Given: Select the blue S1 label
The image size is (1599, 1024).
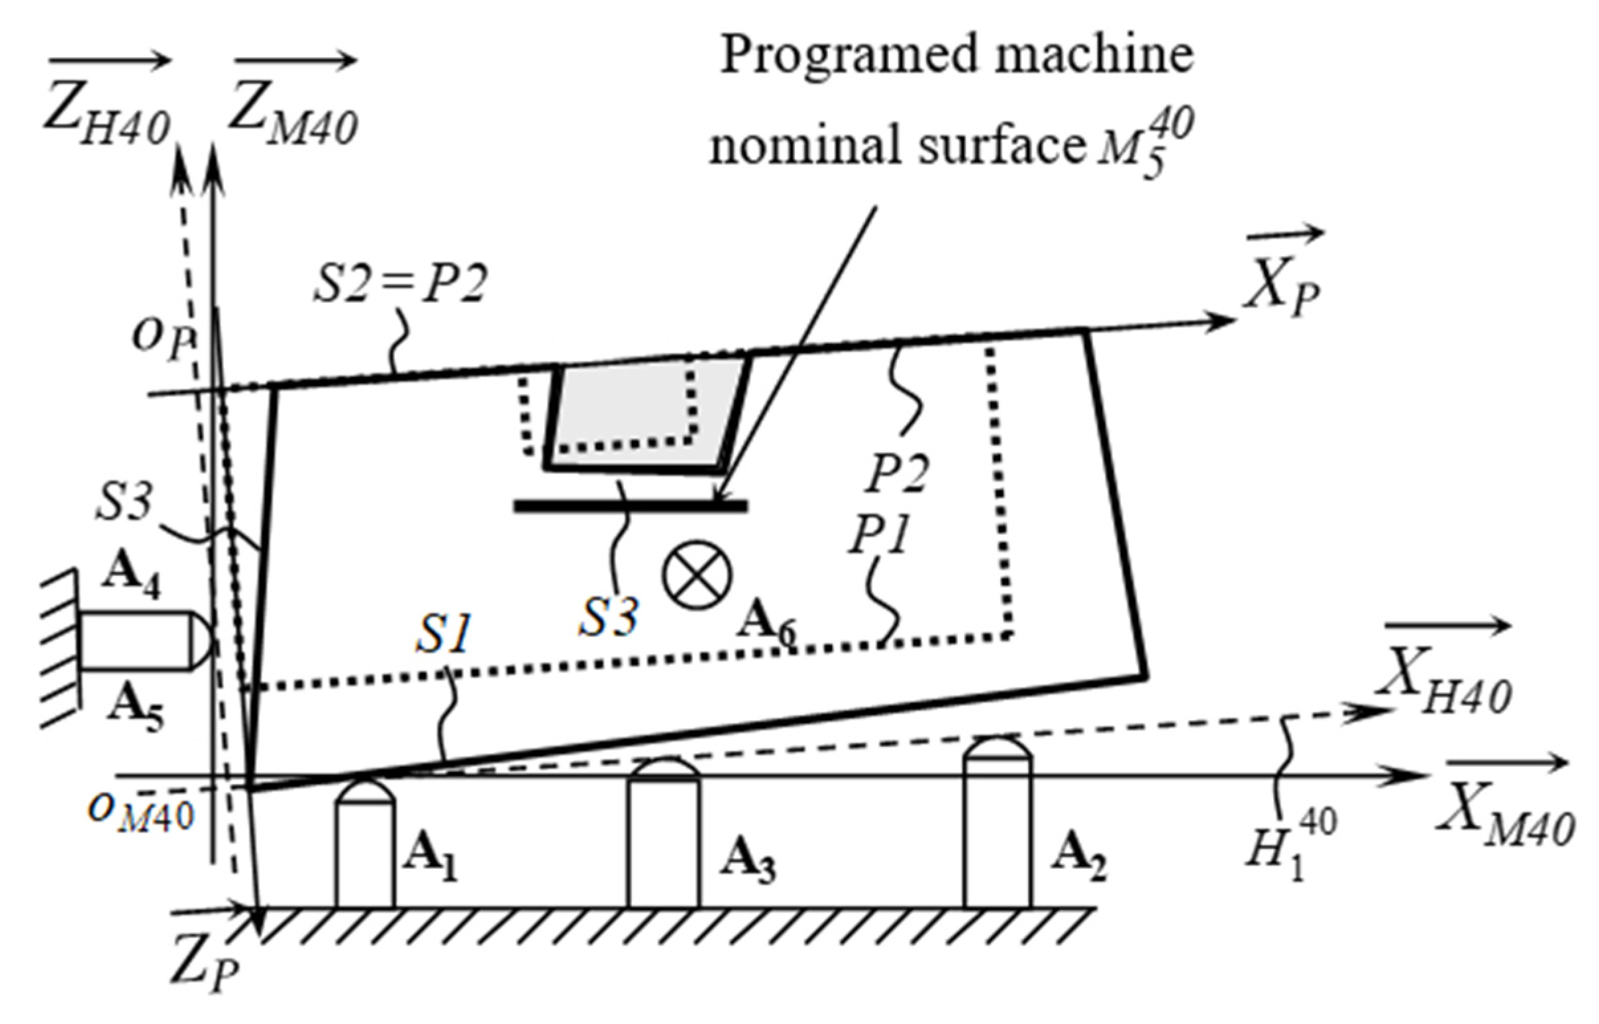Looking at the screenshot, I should pyautogui.click(x=444, y=632).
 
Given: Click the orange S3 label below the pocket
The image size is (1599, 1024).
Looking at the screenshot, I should pyautogui.click(x=608, y=617).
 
